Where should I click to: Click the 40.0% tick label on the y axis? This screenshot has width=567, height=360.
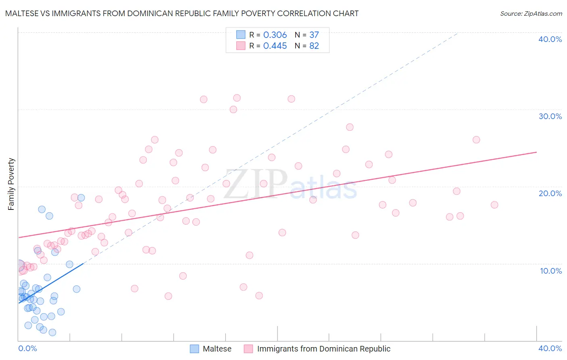(x=550, y=39)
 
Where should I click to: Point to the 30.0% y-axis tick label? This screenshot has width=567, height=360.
(x=550, y=116)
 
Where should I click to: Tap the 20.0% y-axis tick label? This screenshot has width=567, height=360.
(x=550, y=193)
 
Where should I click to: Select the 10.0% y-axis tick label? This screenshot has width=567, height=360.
(x=550, y=271)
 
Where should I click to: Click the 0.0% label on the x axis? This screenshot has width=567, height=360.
(x=27, y=348)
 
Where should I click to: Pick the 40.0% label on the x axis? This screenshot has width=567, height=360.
(x=550, y=348)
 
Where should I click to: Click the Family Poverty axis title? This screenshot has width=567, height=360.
(x=11, y=184)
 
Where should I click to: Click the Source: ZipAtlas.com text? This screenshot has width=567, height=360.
(x=531, y=14)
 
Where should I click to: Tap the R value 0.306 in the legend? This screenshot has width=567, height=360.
(x=275, y=35)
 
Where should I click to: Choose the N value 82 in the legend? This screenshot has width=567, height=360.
(x=314, y=46)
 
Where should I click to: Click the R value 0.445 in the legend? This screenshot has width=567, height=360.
(x=275, y=46)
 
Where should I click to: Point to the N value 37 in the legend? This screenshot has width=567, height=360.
(x=314, y=35)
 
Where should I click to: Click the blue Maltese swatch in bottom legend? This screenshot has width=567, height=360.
(x=194, y=349)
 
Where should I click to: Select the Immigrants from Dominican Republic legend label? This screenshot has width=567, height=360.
(x=323, y=349)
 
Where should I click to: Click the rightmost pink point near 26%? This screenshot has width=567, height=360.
(x=476, y=140)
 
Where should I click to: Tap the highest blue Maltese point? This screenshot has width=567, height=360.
(x=81, y=198)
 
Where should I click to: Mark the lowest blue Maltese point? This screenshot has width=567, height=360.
(x=52, y=333)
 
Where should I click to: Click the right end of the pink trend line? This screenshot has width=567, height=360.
(x=536, y=152)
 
